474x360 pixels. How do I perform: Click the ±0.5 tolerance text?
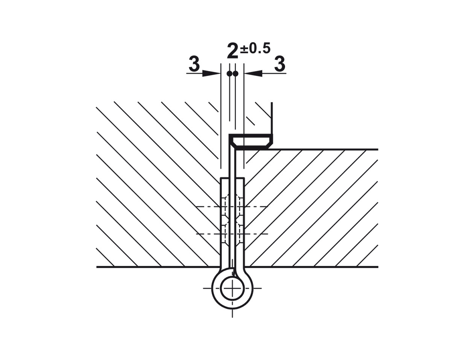tap(255, 48)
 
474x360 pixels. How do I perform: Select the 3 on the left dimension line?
tap(194, 64)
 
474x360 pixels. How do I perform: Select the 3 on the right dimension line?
tap(280, 64)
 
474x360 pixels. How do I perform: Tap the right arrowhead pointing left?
tap(253, 73)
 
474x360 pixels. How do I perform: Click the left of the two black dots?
tap(229, 73)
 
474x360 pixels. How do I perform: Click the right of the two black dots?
tap(235, 73)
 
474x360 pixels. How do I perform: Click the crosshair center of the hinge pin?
tap(232, 289)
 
